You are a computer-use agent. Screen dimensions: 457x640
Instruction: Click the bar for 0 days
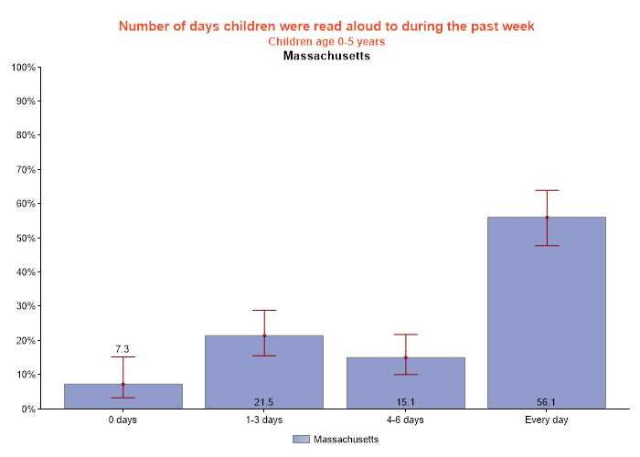(x=123, y=397)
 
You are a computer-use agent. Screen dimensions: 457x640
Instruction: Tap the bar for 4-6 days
(x=405, y=383)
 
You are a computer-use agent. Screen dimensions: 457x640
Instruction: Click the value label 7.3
(x=123, y=349)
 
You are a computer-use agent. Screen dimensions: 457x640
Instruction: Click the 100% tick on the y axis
(x=23, y=68)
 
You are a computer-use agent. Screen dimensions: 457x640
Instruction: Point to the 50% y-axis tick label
(x=25, y=239)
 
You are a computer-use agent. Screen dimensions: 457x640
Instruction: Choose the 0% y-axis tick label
(x=27, y=409)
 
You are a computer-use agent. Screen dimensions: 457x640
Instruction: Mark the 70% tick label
(x=25, y=170)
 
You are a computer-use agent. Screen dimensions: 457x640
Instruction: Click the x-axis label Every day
(x=547, y=420)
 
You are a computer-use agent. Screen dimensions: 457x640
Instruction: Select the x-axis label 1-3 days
(x=264, y=420)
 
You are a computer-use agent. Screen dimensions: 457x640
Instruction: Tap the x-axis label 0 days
(x=123, y=420)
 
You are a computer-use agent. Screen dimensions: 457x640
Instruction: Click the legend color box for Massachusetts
(x=301, y=440)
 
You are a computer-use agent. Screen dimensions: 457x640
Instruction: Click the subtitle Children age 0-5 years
(x=326, y=42)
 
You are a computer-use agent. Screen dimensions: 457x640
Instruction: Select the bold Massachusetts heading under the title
(x=326, y=57)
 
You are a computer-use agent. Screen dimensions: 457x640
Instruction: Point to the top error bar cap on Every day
(x=547, y=190)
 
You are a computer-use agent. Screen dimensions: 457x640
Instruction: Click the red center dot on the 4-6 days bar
(x=405, y=357)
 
